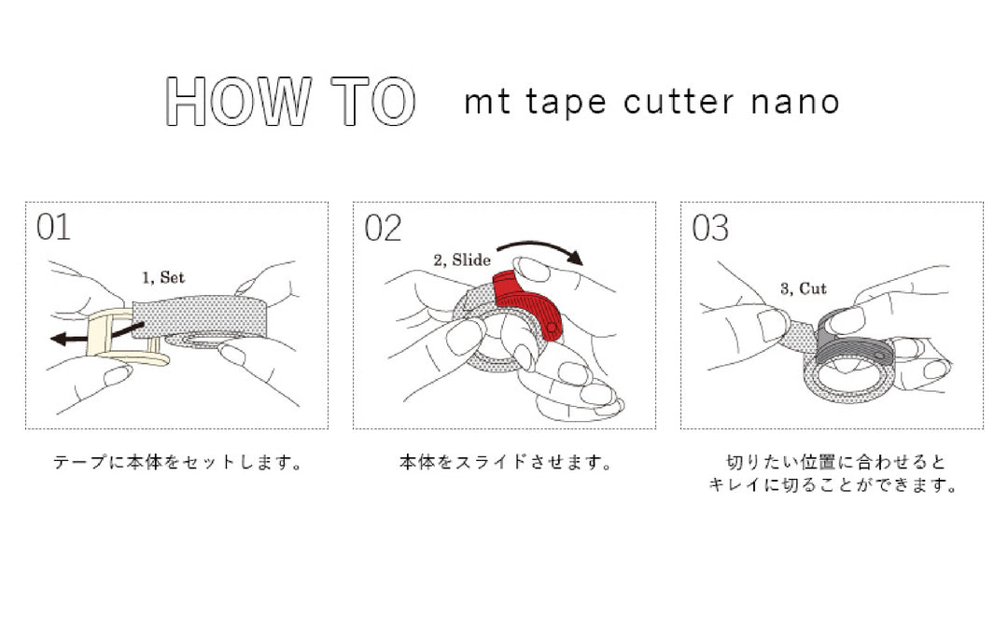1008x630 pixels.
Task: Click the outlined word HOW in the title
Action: tap(239, 101)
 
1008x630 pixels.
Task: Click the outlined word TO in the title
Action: tap(373, 101)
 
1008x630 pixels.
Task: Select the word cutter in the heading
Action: tap(679, 102)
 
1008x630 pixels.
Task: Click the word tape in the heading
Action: tap(566, 103)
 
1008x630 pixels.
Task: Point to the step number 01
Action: tap(53, 227)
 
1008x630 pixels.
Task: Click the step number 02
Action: tap(383, 228)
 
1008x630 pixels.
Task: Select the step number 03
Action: tap(710, 228)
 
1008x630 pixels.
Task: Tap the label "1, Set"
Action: tap(163, 278)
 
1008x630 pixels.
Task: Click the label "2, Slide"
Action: tap(462, 260)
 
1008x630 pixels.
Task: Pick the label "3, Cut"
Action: tap(803, 288)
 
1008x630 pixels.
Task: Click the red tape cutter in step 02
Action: tap(528, 303)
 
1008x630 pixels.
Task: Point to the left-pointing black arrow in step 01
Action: tap(96, 333)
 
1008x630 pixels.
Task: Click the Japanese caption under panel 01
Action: tap(177, 462)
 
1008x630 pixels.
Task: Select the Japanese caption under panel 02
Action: tap(505, 462)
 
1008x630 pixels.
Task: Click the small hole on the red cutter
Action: tap(552, 328)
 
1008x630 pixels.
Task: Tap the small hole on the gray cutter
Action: tap(879, 356)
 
